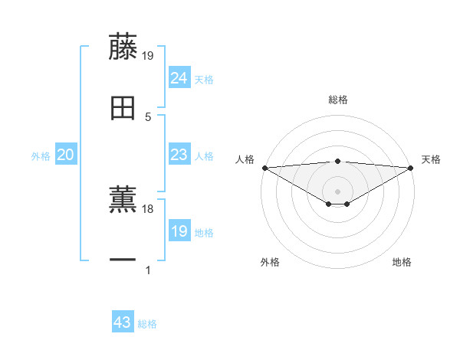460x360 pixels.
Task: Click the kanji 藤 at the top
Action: click(x=123, y=47)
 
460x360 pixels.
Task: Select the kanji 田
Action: click(x=123, y=109)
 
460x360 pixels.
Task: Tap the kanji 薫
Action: click(x=123, y=199)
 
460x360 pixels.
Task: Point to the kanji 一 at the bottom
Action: click(x=123, y=260)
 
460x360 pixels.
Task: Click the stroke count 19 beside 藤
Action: click(x=148, y=55)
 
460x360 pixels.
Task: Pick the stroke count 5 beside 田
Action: click(x=148, y=117)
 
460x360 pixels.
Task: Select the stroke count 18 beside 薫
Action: click(x=148, y=208)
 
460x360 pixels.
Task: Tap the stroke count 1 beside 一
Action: click(x=148, y=270)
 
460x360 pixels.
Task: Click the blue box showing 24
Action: click(x=179, y=77)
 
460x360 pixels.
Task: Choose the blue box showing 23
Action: click(x=179, y=155)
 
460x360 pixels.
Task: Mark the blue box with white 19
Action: click(x=179, y=231)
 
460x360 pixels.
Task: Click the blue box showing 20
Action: click(x=65, y=155)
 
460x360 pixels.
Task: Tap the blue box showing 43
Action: click(x=123, y=322)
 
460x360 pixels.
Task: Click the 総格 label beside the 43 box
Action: click(x=147, y=324)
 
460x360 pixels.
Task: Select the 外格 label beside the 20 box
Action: click(x=41, y=156)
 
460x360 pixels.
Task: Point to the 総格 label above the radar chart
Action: click(x=338, y=100)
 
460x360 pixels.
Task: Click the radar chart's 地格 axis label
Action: click(x=402, y=263)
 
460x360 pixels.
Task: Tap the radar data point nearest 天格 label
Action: click(x=411, y=168)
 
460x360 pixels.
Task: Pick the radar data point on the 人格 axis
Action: click(x=264, y=168)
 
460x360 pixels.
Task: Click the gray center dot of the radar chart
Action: click(x=338, y=191)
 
